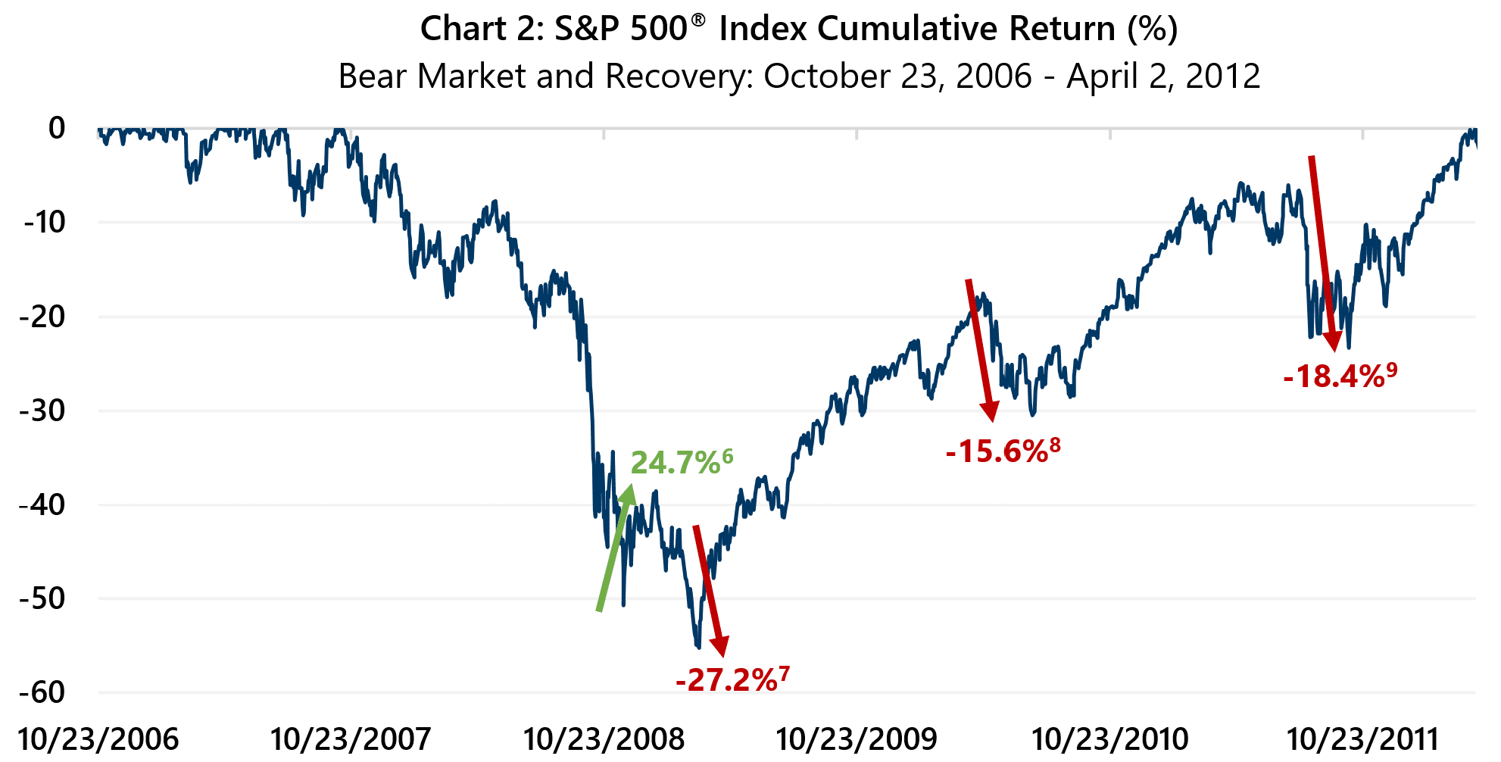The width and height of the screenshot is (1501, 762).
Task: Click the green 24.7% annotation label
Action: click(676, 463)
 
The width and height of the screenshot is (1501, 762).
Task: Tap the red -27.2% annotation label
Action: click(726, 680)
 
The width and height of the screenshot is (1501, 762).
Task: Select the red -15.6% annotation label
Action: click(997, 452)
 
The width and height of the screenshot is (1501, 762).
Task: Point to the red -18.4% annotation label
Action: click(1334, 376)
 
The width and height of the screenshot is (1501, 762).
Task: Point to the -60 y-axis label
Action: click(42, 692)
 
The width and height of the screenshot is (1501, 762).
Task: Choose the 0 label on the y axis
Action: click(57, 128)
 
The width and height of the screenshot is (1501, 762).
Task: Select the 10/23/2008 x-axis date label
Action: click(604, 739)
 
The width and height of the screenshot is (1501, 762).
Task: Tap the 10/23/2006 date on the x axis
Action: click(98, 739)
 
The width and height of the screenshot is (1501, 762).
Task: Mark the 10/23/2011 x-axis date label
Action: click(1362, 739)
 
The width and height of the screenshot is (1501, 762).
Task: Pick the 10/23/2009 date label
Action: click(857, 739)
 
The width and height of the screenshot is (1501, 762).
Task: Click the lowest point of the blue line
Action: click(697, 647)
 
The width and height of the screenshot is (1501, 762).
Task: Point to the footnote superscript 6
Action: click(728, 456)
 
